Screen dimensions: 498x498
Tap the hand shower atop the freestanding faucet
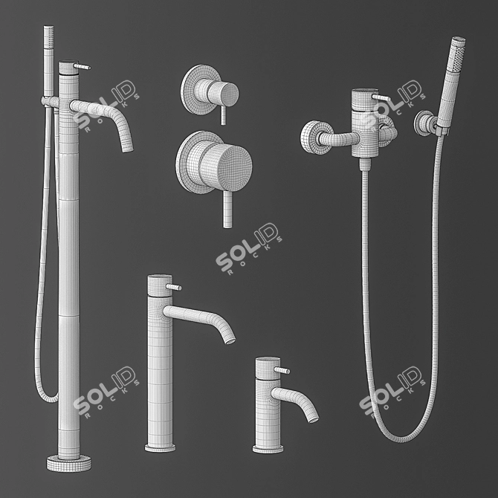(49, 45)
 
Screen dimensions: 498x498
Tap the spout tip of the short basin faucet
(313, 416)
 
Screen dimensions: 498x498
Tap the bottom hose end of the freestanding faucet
(49, 398)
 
